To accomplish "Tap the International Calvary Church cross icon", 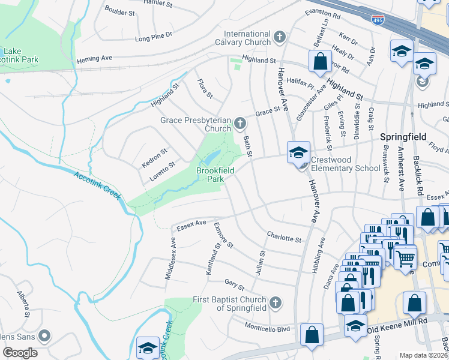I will [x=279, y=38].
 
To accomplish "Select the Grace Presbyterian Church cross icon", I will [x=240, y=124].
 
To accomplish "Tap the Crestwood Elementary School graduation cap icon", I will [x=298, y=152].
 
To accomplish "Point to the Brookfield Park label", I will [x=215, y=175].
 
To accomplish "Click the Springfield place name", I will [x=403, y=137].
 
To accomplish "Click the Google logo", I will [x=20, y=353].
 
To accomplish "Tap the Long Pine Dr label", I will [x=154, y=38].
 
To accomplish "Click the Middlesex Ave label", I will [x=170, y=258].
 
